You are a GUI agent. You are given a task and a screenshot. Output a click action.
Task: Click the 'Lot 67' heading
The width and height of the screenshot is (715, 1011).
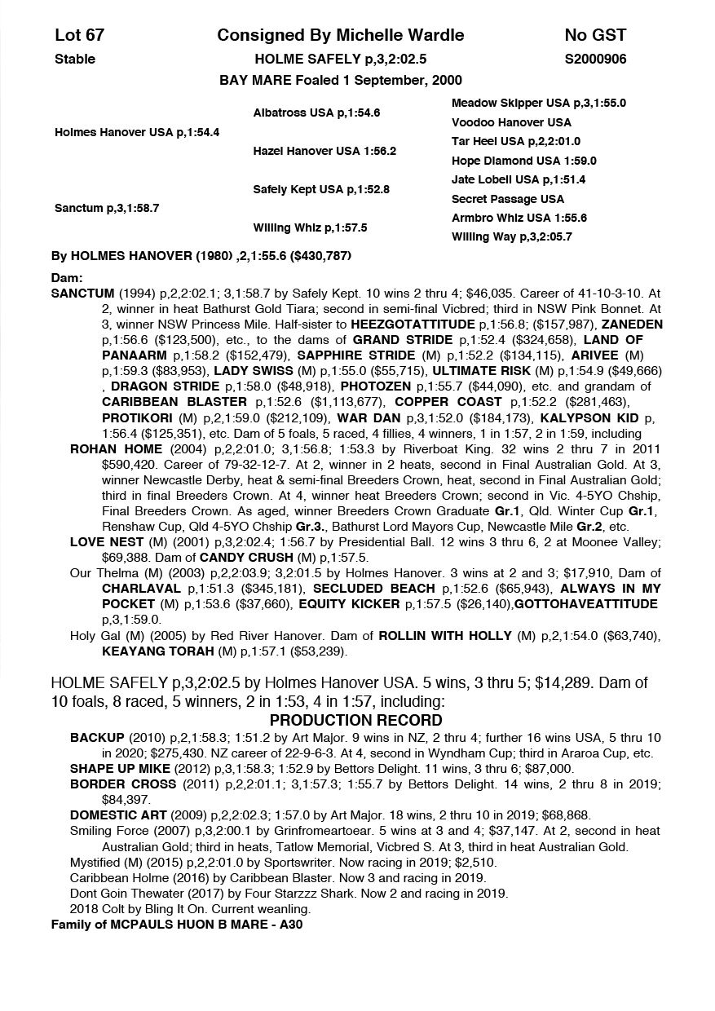point(79,35)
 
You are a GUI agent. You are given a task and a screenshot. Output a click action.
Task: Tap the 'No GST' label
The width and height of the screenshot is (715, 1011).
point(595,35)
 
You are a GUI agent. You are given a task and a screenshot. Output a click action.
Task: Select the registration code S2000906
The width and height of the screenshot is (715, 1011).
point(595,59)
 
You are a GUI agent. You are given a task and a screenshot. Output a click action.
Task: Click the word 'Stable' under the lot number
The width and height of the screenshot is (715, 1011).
point(75,59)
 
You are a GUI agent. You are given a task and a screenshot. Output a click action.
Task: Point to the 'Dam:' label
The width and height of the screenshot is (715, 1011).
point(67,278)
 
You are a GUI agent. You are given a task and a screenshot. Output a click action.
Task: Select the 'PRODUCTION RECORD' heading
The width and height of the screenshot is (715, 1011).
point(356,721)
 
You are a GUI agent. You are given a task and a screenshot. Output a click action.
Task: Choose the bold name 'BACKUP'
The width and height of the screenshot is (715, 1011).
point(97,737)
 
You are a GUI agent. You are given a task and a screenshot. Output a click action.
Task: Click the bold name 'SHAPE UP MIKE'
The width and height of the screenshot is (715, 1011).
point(120,768)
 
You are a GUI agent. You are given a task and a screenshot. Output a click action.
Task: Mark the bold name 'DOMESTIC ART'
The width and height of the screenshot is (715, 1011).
point(118,815)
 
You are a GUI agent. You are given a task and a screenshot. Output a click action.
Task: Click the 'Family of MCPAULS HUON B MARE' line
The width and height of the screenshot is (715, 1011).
point(177,924)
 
